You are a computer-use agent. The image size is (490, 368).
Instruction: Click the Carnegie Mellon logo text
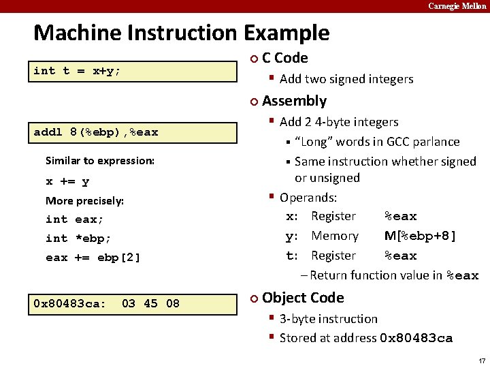[457, 6]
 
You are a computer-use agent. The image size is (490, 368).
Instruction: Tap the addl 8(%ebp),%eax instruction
[96, 132]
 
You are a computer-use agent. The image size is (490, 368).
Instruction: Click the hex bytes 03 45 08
[150, 303]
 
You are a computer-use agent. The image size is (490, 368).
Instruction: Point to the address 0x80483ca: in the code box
[69, 303]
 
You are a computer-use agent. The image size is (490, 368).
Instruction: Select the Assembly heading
[294, 101]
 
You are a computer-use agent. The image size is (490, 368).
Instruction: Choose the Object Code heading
[302, 298]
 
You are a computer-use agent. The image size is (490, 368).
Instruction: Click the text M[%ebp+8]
[420, 236]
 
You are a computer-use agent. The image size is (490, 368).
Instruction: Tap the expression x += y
[67, 181]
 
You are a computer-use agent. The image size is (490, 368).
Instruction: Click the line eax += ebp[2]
[93, 258]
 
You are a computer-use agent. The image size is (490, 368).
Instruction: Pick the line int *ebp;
[78, 239]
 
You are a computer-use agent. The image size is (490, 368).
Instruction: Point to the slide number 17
[482, 361]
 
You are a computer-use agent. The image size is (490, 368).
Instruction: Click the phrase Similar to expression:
[100, 161]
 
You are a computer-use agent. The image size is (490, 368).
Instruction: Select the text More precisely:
[84, 200]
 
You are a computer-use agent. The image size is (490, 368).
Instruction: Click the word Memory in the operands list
[335, 236]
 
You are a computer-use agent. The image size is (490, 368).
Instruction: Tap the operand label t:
[292, 256]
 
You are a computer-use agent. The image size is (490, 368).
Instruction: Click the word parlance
[434, 142]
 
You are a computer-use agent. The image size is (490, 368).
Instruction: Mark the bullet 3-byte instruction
[328, 318]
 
